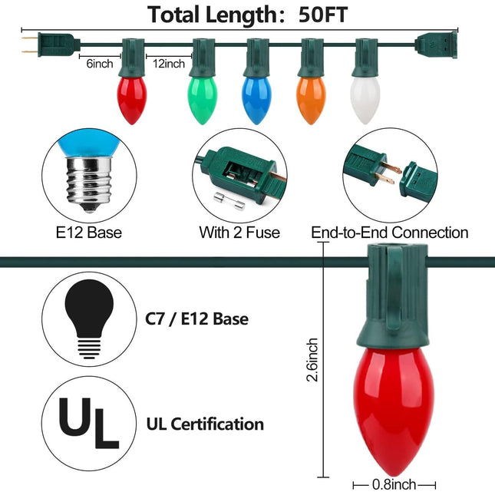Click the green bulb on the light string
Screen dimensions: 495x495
click(203, 100)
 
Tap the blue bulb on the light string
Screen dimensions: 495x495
click(256, 100)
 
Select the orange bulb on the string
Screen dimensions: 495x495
click(311, 100)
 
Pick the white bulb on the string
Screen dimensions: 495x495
click(365, 100)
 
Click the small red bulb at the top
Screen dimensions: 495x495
click(132, 100)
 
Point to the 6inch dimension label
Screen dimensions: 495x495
click(100, 64)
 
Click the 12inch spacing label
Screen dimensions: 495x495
click(169, 64)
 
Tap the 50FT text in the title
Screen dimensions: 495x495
click(323, 15)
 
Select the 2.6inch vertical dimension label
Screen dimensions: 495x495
click(312, 360)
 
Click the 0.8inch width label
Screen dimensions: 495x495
click(394, 484)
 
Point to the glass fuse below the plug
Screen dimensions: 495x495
click(229, 201)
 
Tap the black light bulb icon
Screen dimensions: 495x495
click(89, 318)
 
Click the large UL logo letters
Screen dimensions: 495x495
click(89, 423)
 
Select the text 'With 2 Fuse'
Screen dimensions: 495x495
click(239, 233)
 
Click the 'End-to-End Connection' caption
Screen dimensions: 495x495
click(390, 233)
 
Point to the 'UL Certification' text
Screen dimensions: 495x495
click(205, 424)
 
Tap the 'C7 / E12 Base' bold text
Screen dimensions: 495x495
click(196, 318)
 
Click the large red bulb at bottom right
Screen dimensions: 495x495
click(394, 411)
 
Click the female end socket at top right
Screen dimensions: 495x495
click(436, 45)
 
